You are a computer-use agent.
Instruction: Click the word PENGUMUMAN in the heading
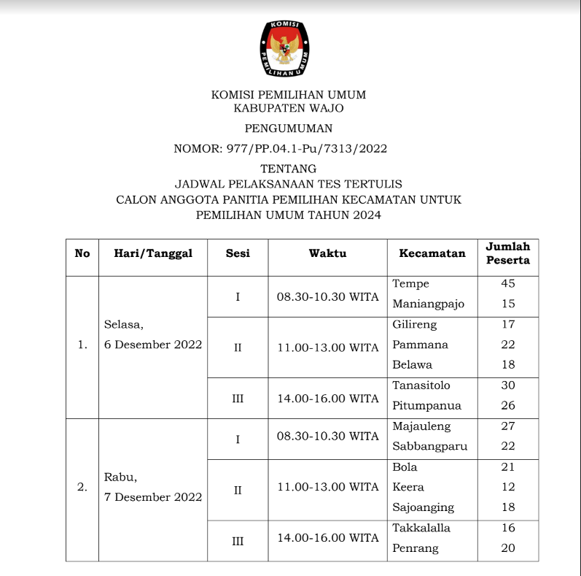click(x=289, y=128)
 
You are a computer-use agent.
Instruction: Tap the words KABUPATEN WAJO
click(x=289, y=108)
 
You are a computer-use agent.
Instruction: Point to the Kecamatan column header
click(x=432, y=253)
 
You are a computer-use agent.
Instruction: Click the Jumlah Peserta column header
click(x=508, y=253)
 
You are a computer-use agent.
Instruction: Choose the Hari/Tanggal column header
click(x=153, y=253)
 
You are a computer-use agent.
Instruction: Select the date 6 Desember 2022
click(x=153, y=345)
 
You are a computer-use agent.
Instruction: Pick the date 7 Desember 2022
click(x=153, y=497)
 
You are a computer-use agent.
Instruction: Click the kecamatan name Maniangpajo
click(x=428, y=304)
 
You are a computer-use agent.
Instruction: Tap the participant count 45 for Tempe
click(x=508, y=283)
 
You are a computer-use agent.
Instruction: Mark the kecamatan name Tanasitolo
click(x=421, y=385)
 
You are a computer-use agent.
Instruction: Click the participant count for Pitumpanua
click(x=508, y=406)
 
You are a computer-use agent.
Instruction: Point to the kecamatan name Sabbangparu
click(x=429, y=446)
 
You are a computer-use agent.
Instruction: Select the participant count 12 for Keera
click(x=508, y=487)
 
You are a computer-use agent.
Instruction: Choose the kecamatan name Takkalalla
click(x=421, y=528)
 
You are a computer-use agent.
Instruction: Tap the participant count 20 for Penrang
click(x=508, y=548)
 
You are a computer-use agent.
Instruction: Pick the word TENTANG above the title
click(x=289, y=169)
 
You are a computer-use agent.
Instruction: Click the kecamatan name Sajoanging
click(x=423, y=507)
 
